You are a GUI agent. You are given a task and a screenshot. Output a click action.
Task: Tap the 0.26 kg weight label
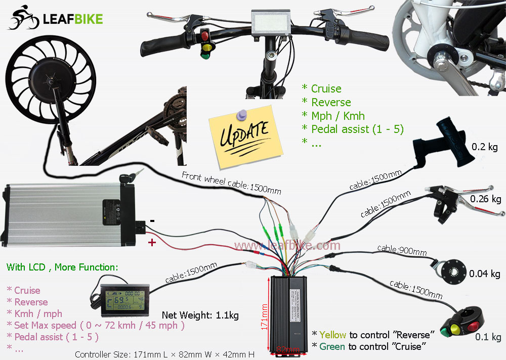coord(485,199)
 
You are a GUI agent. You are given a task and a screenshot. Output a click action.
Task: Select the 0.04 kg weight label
coord(484,274)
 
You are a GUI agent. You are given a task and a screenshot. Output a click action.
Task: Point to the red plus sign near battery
coord(151,243)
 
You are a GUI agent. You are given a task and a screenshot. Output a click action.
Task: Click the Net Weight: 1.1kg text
coord(200,316)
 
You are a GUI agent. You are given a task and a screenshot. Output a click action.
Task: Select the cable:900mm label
coord(402,250)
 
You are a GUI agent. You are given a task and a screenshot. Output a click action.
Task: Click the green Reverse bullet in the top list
coord(331,102)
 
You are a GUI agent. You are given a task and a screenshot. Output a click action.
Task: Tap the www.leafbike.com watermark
coord(287,246)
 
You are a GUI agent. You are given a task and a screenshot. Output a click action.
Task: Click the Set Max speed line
coord(96,325)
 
